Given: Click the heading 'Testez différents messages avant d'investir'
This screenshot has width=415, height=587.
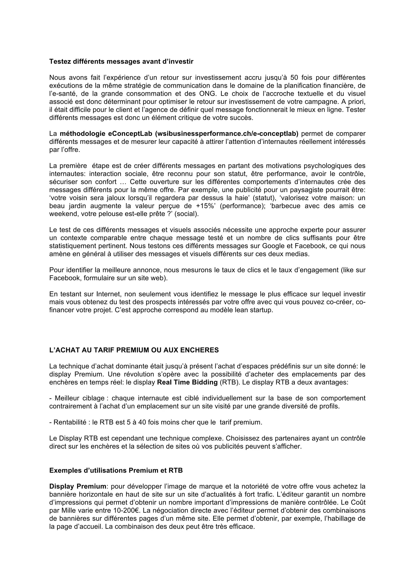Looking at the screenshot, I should click(121, 62).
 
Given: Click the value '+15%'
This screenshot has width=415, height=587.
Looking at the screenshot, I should click(206, 206).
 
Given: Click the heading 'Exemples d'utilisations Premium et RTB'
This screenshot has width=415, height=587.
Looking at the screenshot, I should click(116, 471).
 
